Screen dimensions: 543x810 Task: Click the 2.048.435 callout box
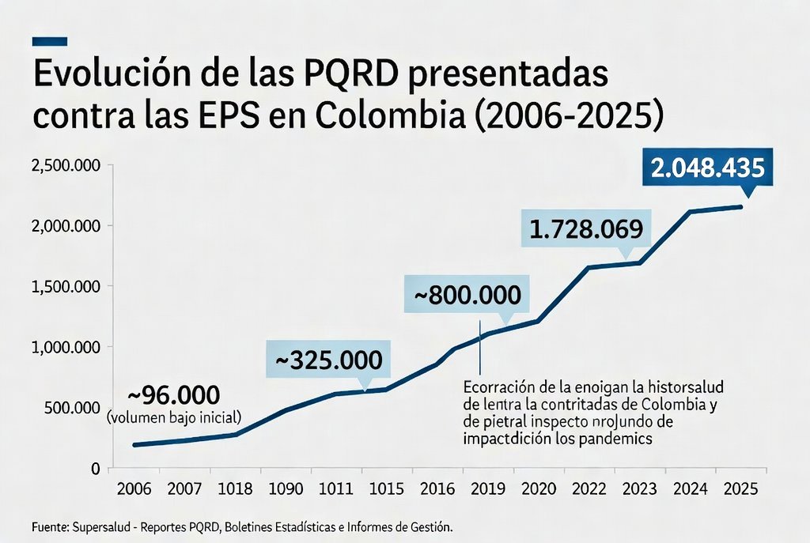click(x=707, y=167)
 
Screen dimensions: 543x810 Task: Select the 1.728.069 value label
click(x=586, y=229)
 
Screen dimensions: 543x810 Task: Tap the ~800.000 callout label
click(x=467, y=296)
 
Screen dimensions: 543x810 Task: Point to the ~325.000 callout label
click(x=327, y=360)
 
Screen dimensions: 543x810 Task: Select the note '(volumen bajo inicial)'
click(x=174, y=416)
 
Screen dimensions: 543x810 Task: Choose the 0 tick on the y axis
click(x=94, y=469)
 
